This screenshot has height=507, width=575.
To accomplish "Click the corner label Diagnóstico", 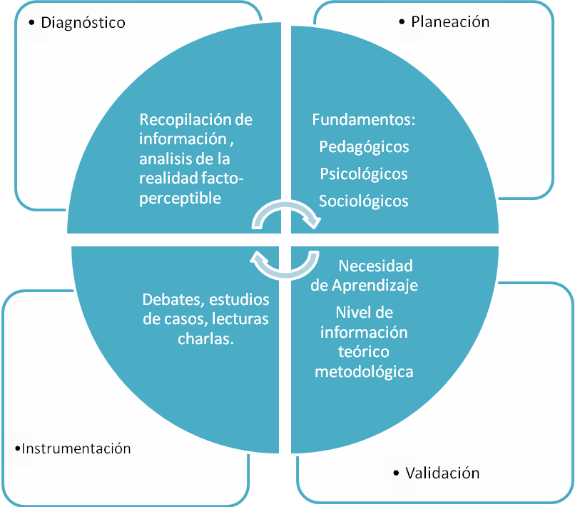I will point(83,23).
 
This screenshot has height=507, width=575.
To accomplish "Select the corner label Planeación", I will point(450,21).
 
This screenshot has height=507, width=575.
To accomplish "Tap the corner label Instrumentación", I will point(76,448).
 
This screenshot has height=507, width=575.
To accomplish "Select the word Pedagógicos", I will point(364,146).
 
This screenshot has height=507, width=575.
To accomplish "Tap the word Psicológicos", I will point(364,174).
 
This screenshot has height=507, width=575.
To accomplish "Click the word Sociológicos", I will point(364,201).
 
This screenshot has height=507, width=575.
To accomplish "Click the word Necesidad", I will point(375,266).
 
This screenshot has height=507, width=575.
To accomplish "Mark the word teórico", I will point(364,352).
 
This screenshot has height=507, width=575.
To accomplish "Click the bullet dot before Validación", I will point(396,473).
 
